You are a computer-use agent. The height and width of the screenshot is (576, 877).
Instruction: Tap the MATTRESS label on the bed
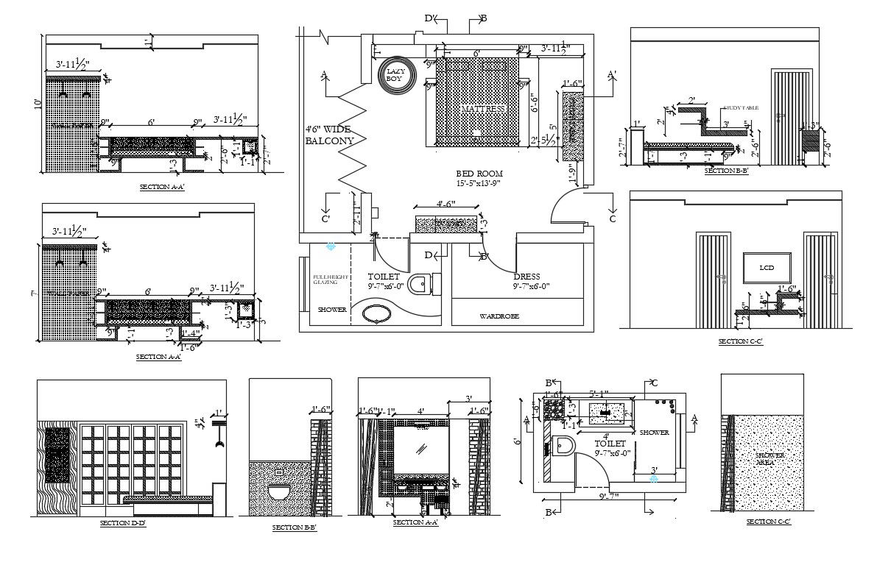coord(484,109)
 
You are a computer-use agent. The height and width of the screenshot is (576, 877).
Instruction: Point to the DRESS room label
coord(527,277)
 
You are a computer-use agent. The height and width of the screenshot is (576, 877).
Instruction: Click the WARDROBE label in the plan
coord(499,316)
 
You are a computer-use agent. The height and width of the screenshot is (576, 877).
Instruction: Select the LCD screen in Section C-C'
coord(767,269)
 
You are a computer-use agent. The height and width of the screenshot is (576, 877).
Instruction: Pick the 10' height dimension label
coord(38,104)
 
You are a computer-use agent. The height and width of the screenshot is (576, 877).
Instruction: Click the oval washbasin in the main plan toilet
coord(379,314)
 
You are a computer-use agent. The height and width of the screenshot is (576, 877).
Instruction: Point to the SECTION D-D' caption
coord(124,524)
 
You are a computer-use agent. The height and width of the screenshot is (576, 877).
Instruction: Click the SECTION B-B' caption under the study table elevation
coord(726,171)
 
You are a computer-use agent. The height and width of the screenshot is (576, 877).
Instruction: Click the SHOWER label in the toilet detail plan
coord(655,433)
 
